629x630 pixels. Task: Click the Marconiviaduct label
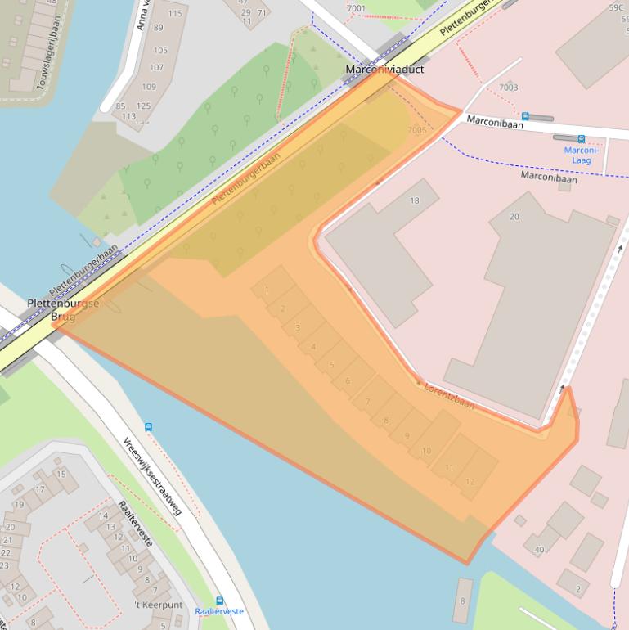click(x=384, y=70)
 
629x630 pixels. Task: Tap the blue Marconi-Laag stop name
click(x=582, y=155)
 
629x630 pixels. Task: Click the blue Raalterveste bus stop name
click(x=219, y=611)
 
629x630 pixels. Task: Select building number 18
click(x=414, y=200)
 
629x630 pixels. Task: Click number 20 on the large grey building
click(x=514, y=216)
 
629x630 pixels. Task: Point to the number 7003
click(x=508, y=87)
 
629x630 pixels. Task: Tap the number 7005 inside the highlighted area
click(x=416, y=130)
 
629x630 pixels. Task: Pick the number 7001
click(x=357, y=8)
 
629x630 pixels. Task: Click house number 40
click(x=539, y=549)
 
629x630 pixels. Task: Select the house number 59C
click(x=616, y=7)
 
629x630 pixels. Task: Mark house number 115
click(x=175, y=13)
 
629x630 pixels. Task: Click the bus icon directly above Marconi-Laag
click(x=582, y=139)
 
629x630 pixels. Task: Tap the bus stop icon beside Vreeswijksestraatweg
click(x=148, y=426)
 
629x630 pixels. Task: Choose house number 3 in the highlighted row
click(x=297, y=327)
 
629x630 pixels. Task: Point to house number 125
click(x=144, y=106)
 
